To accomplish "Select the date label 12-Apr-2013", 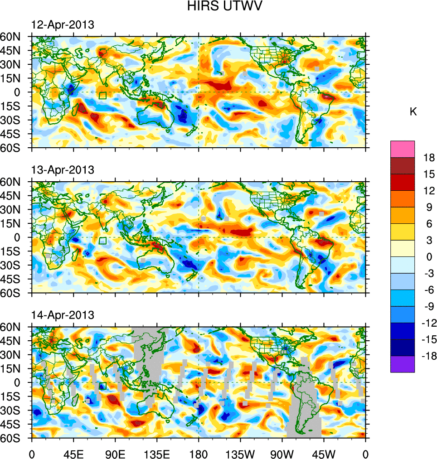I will click(63, 25).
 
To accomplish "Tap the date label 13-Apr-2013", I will click(63, 170).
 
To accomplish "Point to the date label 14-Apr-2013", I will click(63, 314).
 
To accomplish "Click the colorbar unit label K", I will click(413, 112).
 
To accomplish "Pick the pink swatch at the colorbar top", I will click(402, 149).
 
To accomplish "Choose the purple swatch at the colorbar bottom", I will click(402, 364).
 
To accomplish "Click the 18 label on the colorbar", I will click(429, 158).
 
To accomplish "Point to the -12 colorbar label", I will click(427, 323).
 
